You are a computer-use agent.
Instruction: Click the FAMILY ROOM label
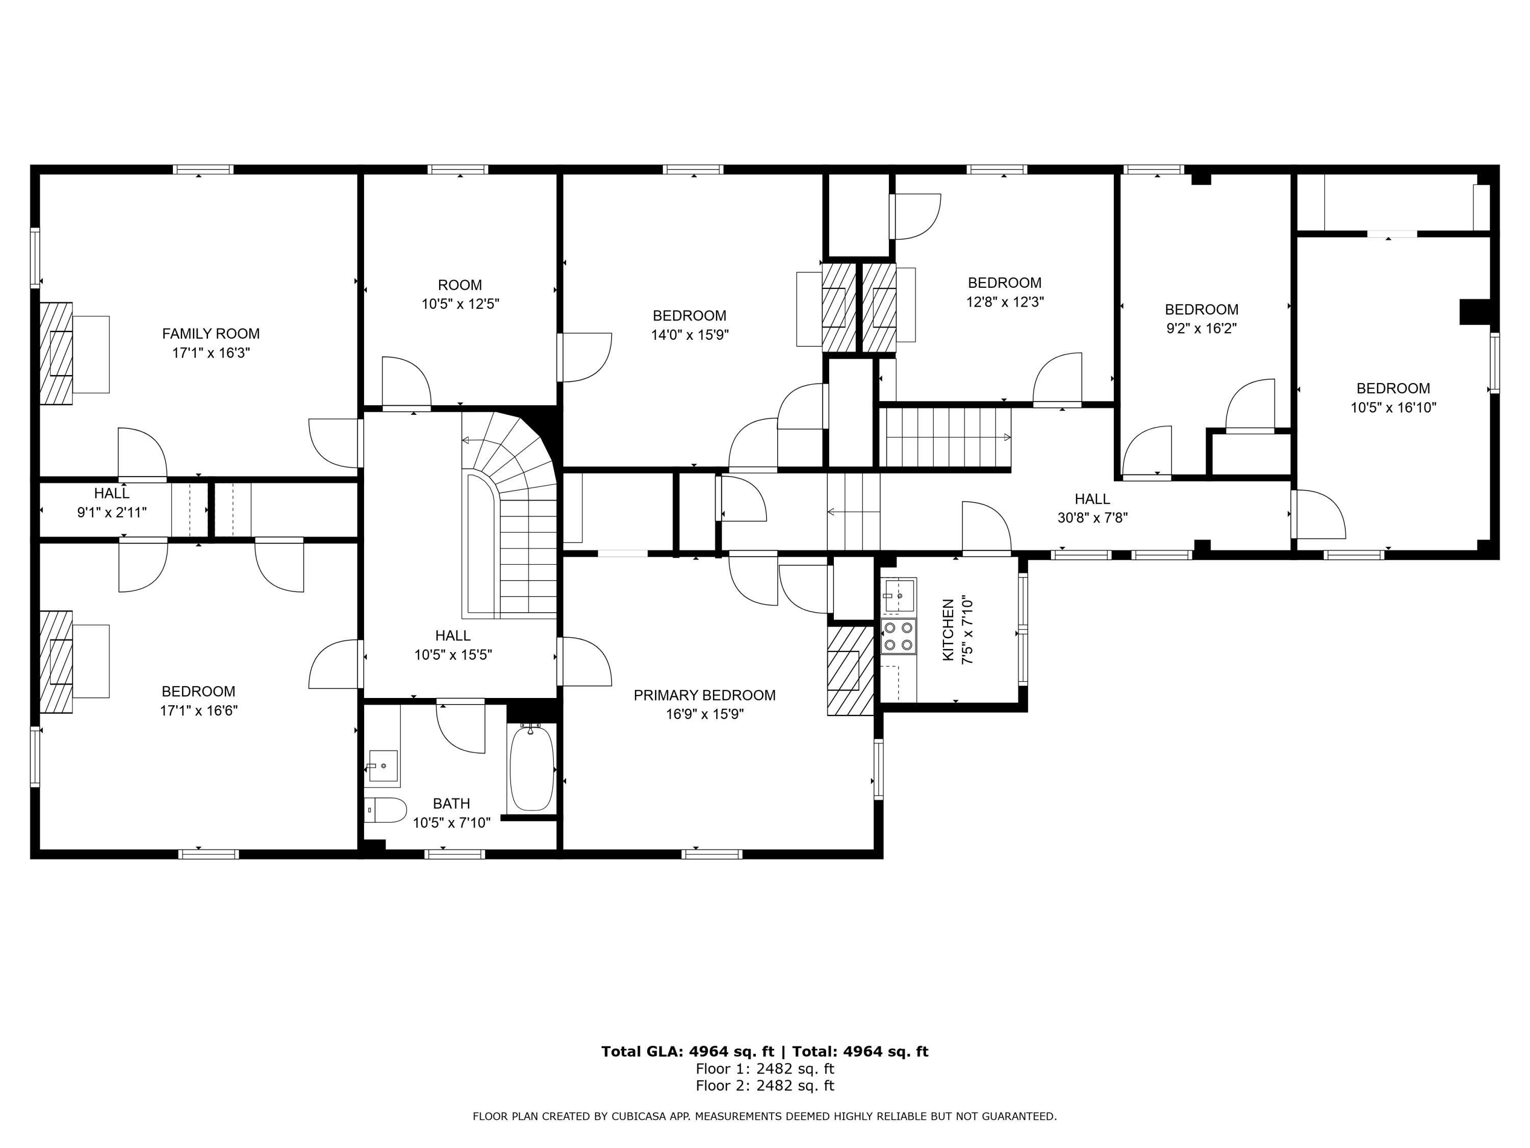point(211,334)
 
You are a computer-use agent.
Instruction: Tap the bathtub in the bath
point(531,768)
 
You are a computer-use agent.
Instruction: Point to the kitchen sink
point(899,595)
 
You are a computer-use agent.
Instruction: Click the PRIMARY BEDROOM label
point(704,695)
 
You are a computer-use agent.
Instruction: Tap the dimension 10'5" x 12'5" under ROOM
point(460,304)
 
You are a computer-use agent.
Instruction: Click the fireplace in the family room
point(56,353)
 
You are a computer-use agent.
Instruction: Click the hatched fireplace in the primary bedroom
point(849,670)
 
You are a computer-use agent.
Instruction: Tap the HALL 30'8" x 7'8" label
point(1092,508)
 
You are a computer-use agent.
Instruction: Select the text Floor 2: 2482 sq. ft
point(764,1085)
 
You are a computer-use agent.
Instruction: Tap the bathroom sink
point(382,765)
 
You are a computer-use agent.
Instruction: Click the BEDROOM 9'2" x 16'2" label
point(1202,318)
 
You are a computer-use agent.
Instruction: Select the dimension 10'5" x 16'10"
point(1393,408)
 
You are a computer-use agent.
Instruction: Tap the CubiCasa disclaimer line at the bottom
point(764,1116)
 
